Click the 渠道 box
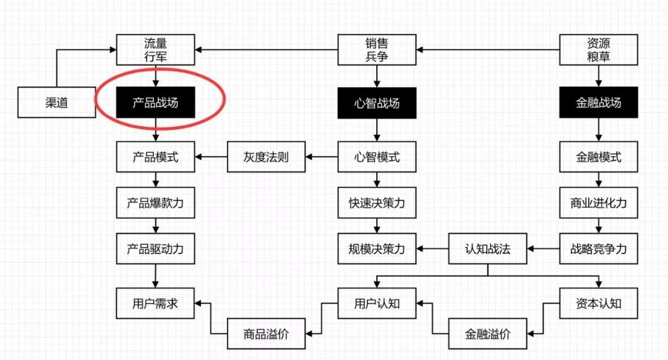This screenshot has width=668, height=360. pyautogui.click(x=56, y=103)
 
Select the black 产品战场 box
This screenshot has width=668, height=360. pyautogui.click(x=155, y=103)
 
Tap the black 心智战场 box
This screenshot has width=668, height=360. pyautogui.click(x=377, y=103)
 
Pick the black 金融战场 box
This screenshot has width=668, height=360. pyautogui.click(x=598, y=103)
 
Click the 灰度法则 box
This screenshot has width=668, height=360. pyautogui.click(x=266, y=157)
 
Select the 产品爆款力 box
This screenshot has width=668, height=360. pyautogui.click(x=155, y=203)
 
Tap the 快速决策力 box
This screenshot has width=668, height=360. pyautogui.click(x=377, y=203)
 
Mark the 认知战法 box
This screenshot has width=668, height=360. pyautogui.click(x=487, y=249)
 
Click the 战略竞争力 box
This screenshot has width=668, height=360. pyautogui.click(x=598, y=249)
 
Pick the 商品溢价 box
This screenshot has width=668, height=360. pyautogui.click(x=266, y=335)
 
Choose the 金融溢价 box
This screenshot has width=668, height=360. pyautogui.click(x=487, y=335)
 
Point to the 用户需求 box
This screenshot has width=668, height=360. pyautogui.click(x=155, y=304)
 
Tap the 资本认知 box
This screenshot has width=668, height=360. pyautogui.click(x=598, y=304)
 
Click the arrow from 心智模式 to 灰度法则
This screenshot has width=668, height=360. pyautogui.click(x=322, y=157)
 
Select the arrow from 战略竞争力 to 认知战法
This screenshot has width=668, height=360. pyautogui.click(x=543, y=249)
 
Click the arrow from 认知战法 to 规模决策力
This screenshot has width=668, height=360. pyautogui.click(x=432, y=249)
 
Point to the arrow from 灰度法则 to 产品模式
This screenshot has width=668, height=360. pyautogui.click(x=211, y=157)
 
